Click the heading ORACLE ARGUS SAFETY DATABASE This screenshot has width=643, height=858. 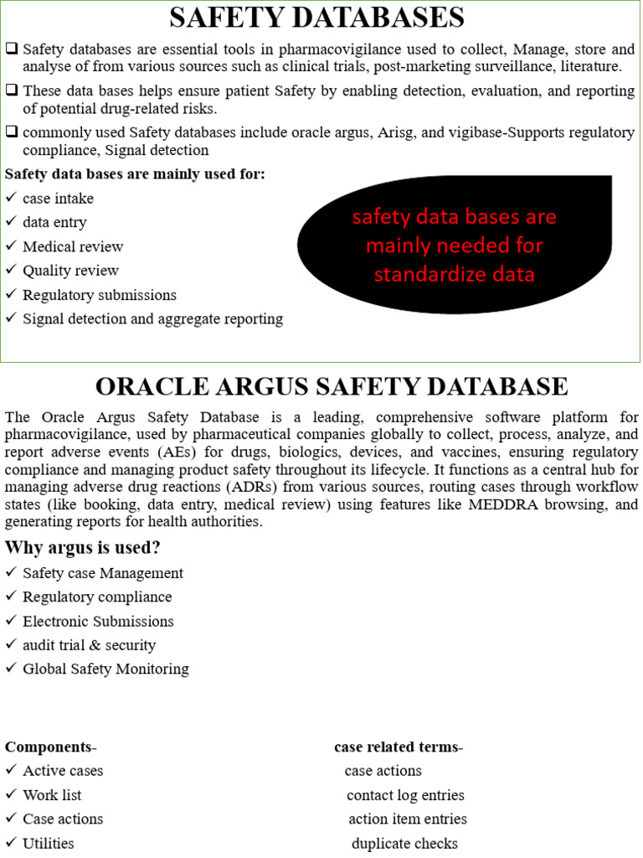tap(332, 387)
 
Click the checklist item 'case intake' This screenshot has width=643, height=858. tap(58, 199)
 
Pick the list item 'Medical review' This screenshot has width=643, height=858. tap(73, 247)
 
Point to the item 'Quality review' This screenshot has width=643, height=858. tap(70, 271)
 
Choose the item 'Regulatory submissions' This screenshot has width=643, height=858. tap(100, 295)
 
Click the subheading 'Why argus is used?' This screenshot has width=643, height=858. tap(82, 548)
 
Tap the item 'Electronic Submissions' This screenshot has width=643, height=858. tap(98, 622)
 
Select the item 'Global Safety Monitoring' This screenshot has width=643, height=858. tap(105, 669)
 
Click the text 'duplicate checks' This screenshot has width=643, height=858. tap(404, 844)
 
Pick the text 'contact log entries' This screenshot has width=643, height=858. tap(405, 795)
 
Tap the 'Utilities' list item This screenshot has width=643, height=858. tap(49, 844)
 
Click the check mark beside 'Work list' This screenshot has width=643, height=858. tap(10, 794)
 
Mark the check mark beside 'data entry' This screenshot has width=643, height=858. tap(10, 222)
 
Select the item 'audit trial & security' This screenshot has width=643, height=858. tap(89, 645)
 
